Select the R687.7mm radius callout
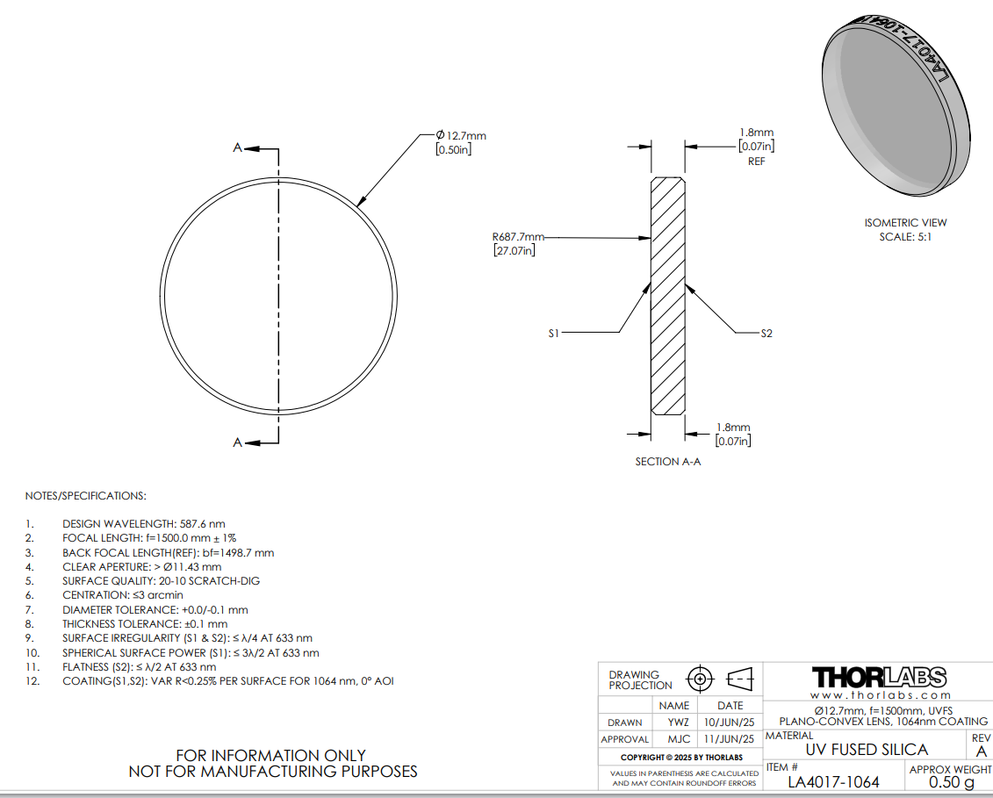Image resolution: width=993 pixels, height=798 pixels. coord(518,237)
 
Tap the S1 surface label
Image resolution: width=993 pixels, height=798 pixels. coord(554,333)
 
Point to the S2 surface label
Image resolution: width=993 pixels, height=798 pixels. coord(766,333)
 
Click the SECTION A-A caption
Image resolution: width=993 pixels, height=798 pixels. coord(668,462)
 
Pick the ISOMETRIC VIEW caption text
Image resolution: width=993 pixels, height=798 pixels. coord(905,223)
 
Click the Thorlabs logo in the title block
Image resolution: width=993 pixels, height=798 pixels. coord(879,677)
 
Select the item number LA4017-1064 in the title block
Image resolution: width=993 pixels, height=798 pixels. coord(833,782)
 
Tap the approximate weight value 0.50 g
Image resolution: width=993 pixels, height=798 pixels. coord(951,783)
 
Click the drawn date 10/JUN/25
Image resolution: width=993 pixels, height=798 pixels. coord(730,723)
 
